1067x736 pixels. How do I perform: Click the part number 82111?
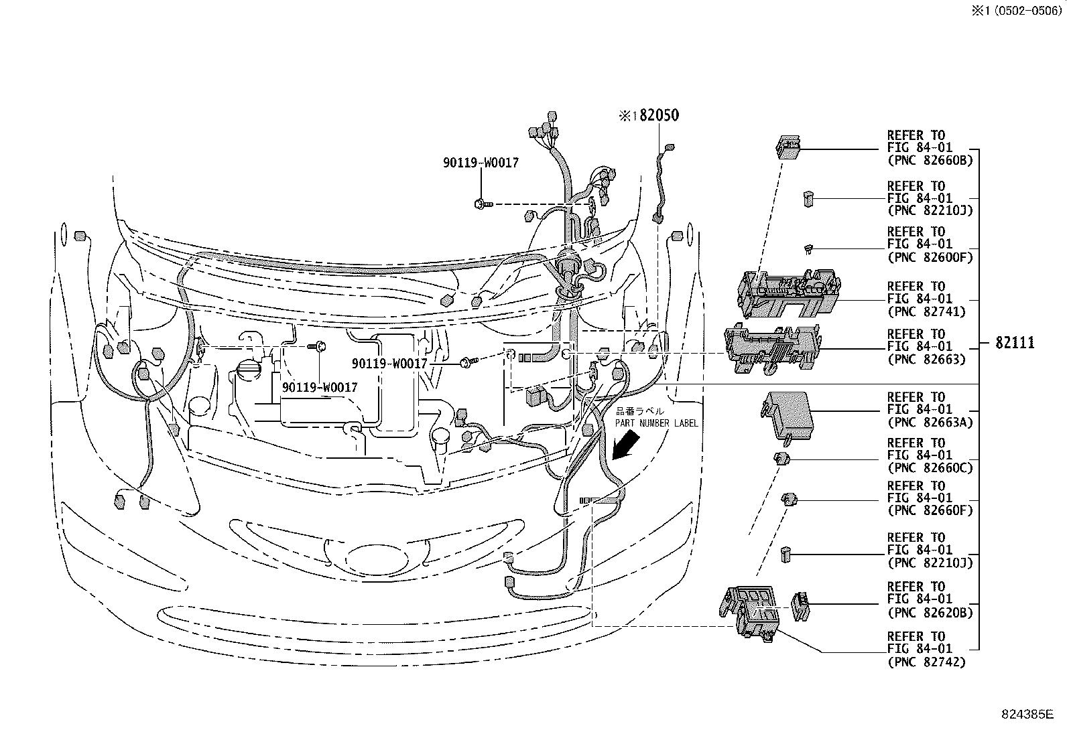click(1014, 343)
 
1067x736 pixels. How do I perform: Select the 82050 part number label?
click(658, 115)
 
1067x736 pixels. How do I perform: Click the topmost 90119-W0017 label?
click(480, 163)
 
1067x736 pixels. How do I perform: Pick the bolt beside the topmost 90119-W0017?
click(482, 202)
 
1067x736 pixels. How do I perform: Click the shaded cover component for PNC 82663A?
click(786, 414)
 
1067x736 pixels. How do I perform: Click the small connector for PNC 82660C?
click(782, 459)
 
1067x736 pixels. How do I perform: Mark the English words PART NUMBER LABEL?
click(657, 423)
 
